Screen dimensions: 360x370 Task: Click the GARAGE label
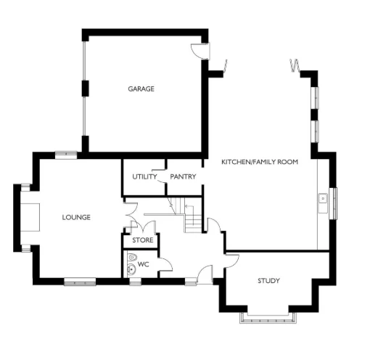(x=141, y=89)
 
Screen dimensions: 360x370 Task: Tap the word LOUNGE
(x=76, y=217)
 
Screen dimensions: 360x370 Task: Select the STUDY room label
(x=268, y=281)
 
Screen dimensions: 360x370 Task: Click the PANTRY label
(x=183, y=176)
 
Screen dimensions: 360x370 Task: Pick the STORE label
(x=142, y=240)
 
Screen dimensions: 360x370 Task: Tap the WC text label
(x=143, y=264)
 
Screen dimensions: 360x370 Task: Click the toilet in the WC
(x=132, y=256)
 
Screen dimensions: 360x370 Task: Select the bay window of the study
(x=268, y=316)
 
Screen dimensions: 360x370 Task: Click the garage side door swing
(x=198, y=51)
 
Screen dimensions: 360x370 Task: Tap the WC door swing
(x=166, y=265)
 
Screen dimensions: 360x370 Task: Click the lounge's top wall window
(x=66, y=154)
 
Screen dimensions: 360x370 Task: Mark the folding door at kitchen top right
(x=295, y=65)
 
